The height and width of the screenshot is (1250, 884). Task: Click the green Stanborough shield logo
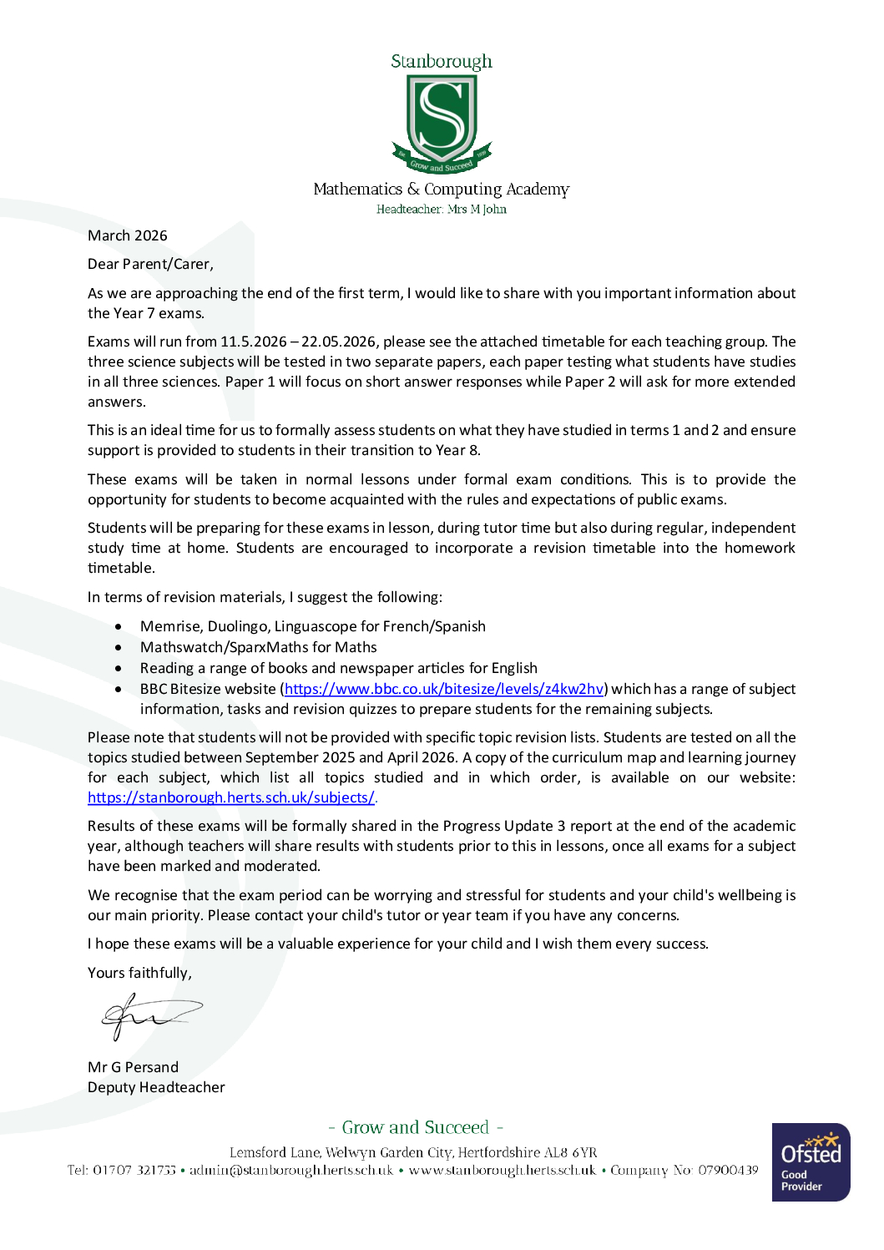point(442,122)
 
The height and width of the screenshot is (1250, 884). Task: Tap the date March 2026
point(128,235)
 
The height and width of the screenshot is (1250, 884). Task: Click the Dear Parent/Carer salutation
point(150,264)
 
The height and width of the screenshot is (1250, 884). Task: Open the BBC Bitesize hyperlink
point(443,689)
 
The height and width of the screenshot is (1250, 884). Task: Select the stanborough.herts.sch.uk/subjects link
point(231,797)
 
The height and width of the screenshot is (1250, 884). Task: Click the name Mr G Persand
point(133,1067)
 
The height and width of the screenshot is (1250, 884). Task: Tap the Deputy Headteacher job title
point(156,1087)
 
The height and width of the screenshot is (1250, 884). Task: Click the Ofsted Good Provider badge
point(811,1162)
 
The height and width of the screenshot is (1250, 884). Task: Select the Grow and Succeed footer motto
point(416,1127)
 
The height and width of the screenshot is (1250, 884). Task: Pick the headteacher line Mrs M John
point(441,210)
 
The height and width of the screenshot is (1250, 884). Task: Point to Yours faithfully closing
point(139,973)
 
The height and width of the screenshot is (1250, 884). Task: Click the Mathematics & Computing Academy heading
point(441,190)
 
